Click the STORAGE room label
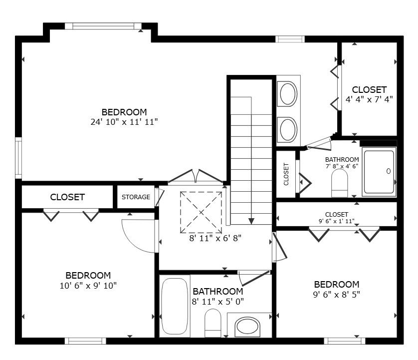[x=136, y=197]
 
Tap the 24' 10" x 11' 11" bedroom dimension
[x=124, y=122]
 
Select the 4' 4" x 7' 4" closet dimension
[x=369, y=99]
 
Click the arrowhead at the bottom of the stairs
[x=251, y=221]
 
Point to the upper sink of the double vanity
[x=287, y=94]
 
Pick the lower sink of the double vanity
[x=287, y=130]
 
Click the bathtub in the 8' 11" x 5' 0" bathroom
[x=175, y=306]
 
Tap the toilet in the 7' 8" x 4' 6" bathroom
[x=339, y=183]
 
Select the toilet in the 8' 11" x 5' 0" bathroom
[x=212, y=323]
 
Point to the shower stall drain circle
[x=389, y=171]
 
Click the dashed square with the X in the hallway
[x=201, y=212]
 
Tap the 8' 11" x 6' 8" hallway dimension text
[x=215, y=238]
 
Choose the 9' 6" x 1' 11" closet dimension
[x=336, y=221]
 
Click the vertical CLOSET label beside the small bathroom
[x=286, y=174]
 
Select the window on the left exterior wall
[x=18, y=158]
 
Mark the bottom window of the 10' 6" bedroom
[x=85, y=341]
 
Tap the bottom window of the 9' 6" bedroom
[x=344, y=341]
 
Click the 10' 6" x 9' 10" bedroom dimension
[x=88, y=286]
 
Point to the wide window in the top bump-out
[x=103, y=26]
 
